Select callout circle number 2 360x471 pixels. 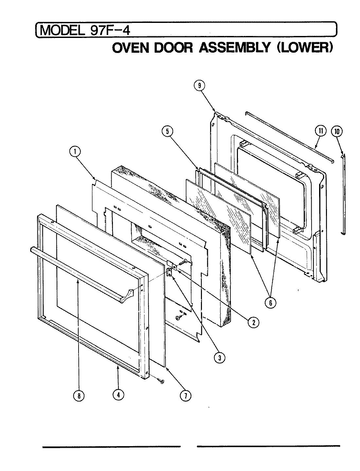254,322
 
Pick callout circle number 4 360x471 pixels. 118,395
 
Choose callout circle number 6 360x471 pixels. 270,303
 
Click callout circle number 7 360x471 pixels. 185,395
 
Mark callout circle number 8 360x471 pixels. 79,395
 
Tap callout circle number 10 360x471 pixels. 337,131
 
